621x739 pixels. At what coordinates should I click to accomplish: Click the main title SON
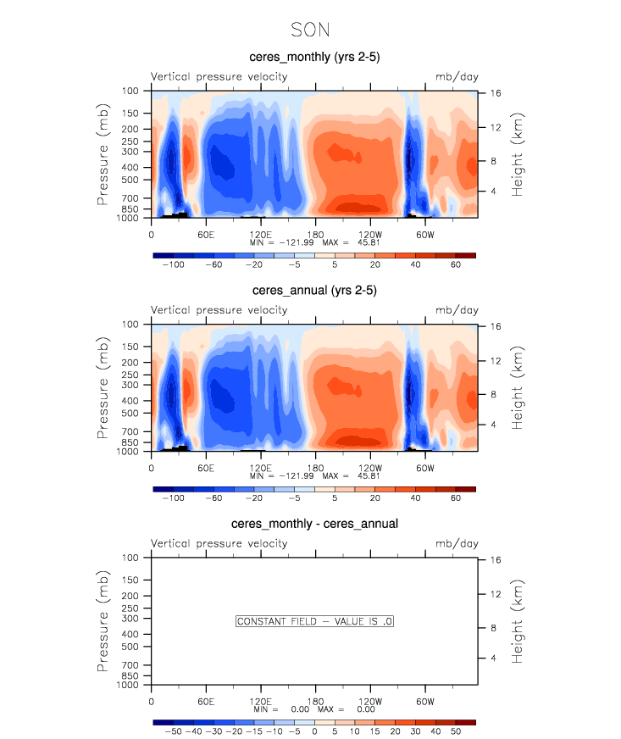[x=310, y=30]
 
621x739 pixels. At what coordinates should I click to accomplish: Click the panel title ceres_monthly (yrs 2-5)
[x=314, y=57]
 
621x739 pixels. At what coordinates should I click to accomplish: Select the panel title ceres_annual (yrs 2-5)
[x=314, y=291]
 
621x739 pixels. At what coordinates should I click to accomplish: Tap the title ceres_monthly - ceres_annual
[x=314, y=524]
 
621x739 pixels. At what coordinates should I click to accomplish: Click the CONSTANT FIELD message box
[x=314, y=621]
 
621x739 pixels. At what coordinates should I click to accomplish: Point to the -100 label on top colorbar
[x=173, y=265]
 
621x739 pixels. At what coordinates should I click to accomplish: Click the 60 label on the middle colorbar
[x=455, y=499]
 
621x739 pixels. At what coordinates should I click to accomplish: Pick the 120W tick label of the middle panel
[x=369, y=468]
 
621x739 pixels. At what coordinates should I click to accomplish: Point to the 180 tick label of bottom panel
[x=314, y=701]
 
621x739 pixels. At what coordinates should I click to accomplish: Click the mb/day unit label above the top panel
[x=457, y=77]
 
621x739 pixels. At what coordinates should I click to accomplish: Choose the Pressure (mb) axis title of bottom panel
[x=103, y=621]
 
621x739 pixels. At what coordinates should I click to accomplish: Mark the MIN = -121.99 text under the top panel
[x=279, y=242]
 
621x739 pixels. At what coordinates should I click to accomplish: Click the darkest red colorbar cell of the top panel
[x=465, y=255]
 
